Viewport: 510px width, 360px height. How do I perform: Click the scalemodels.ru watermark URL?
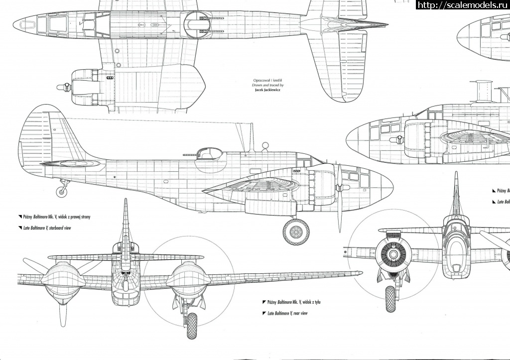coord(462,5)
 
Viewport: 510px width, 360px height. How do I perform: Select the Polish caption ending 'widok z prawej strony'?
coord(57,217)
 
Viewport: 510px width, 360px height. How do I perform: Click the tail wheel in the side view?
coord(62,190)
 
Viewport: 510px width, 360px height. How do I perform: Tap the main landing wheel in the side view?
coord(296,232)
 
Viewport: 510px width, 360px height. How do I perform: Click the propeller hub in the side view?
coord(339,189)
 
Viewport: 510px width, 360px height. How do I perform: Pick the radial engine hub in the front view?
coord(393,254)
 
